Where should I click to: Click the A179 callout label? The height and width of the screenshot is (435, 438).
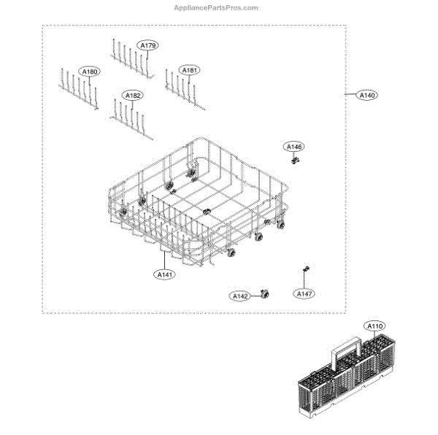coord(148,46)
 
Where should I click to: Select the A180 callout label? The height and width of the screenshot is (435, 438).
coord(91,72)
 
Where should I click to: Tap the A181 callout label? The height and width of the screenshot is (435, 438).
coord(190,70)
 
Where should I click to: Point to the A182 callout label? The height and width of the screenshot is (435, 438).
coord(133,96)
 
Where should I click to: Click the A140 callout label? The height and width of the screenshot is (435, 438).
coord(367,95)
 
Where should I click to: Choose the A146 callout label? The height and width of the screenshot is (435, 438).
coord(293,147)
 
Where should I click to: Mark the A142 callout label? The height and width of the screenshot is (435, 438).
coord(240,296)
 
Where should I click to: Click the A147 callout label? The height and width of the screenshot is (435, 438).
coord(304,293)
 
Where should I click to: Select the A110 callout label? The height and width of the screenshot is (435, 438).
coord(375,326)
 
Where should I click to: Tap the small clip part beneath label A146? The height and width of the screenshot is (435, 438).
coord(295,159)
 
